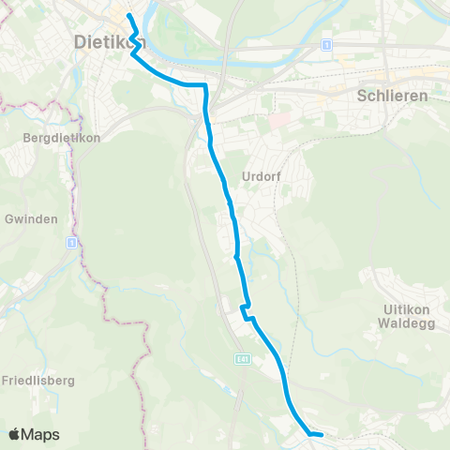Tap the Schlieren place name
pos(393,96)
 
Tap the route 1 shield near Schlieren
pos(325,45)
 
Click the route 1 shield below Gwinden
pos(70,242)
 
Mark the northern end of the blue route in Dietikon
pos(128,16)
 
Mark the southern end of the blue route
pos(322,434)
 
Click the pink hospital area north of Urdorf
pos(277,122)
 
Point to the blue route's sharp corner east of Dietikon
pos(204,85)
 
